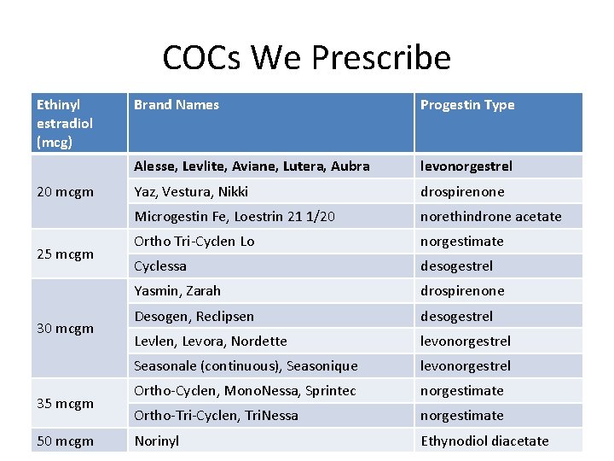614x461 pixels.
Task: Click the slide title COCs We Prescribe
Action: [x=306, y=58]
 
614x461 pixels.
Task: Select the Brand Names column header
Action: [x=177, y=105]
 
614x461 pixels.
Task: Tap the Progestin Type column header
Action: [x=467, y=105]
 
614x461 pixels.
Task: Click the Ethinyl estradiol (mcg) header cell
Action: [x=65, y=123]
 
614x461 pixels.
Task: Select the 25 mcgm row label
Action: [x=65, y=254]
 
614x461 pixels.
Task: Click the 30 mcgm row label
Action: [x=65, y=328]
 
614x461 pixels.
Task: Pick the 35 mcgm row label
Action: [x=65, y=403]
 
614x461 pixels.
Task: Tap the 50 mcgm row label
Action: [x=65, y=441]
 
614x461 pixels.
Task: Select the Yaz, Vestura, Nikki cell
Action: [x=192, y=192]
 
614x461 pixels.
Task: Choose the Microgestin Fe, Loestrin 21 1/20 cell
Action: [x=235, y=217]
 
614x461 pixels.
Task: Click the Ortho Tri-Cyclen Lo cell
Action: [x=194, y=242]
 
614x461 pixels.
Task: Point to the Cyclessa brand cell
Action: [x=160, y=266]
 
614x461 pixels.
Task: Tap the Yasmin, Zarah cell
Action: [x=177, y=291]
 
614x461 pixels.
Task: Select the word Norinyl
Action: [x=158, y=441]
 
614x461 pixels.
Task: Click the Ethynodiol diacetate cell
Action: [x=484, y=441]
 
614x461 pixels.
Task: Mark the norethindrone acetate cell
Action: [x=490, y=217]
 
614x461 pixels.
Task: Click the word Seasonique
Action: [x=321, y=366]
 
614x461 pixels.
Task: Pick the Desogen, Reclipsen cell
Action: [x=194, y=316]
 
